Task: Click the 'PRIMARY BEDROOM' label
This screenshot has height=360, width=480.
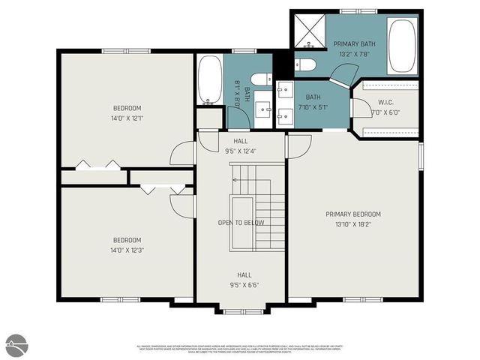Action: [x=352, y=214]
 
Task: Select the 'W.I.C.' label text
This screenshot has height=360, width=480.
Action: [x=385, y=103]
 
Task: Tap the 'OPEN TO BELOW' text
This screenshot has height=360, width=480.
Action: [x=240, y=223]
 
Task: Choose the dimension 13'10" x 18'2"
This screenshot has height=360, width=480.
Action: [x=352, y=223]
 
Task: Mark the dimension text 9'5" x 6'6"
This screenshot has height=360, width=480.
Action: [x=240, y=285]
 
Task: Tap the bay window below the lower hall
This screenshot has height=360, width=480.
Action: [x=240, y=308]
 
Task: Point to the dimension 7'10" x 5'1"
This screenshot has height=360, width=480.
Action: [x=313, y=106]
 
